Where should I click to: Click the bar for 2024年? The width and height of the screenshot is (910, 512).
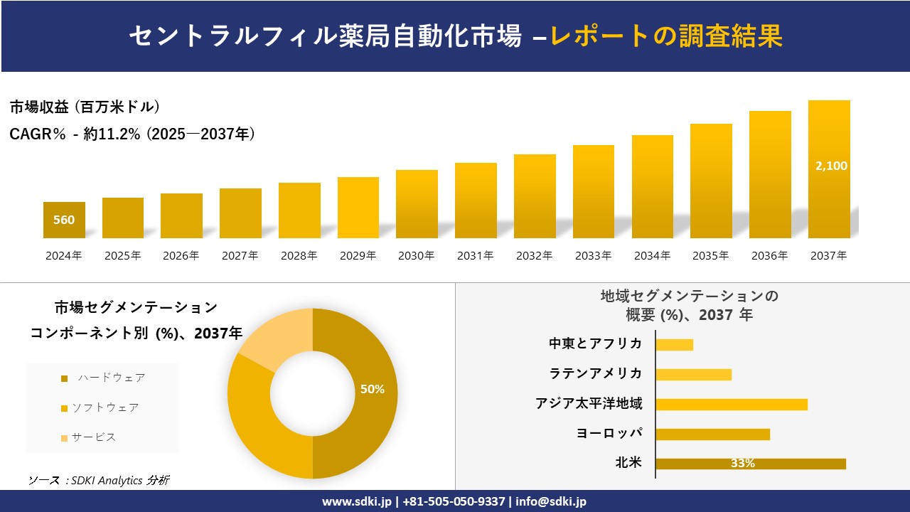click(x=64, y=220)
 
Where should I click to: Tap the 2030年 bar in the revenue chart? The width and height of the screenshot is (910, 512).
click(x=417, y=204)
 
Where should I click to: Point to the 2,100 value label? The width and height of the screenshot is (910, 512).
click(x=830, y=166)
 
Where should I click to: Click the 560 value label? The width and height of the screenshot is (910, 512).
click(x=64, y=220)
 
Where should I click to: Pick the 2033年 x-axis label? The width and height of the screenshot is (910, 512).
click(x=593, y=256)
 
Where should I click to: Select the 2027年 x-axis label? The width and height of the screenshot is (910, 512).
click(x=240, y=256)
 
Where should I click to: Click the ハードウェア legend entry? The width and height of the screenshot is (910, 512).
click(x=111, y=378)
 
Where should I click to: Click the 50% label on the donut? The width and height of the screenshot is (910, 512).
click(x=373, y=389)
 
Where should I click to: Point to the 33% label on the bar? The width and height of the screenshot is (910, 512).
click(x=743, y=464)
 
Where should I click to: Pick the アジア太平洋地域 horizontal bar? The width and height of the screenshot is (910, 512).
click(x=732, y=404)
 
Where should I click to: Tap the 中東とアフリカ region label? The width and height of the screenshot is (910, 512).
click(x=596, y=343)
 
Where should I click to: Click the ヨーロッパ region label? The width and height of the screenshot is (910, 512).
click(x=609, y=433)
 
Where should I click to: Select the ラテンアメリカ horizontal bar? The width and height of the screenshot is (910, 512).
click(x=693, y=374)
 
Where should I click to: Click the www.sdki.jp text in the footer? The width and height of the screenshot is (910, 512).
click(x=357, y=501)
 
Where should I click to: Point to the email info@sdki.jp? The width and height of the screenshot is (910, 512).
click(x=551, y=501)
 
